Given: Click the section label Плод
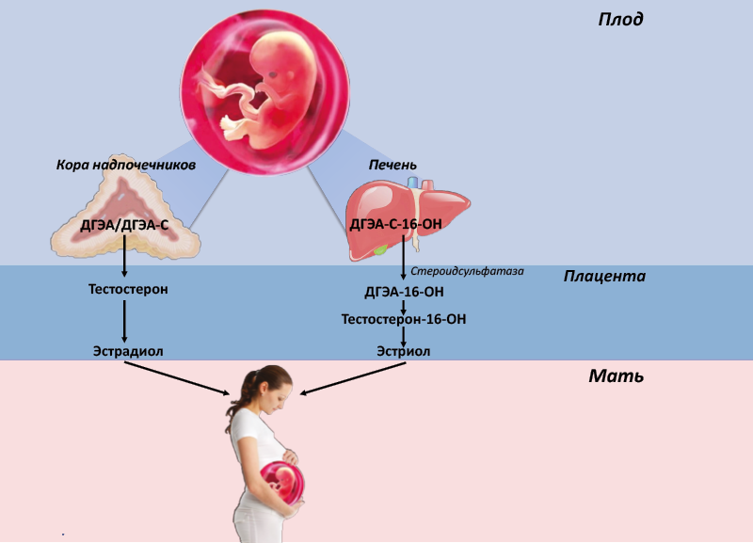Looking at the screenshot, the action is pyautogui.click(x=620, y=19).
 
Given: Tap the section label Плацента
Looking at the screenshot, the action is pyautogui.click(x=604, y=276).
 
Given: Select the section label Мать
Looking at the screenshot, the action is pyautogui.click(x=617, y=375).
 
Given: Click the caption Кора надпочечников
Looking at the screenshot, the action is pyautogui.click(x=126, y=165).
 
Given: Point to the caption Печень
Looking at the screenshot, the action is pyautogui.click(x=393, y=165).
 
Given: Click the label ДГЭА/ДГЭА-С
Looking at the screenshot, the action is pyautogui.click(x=124, y=225).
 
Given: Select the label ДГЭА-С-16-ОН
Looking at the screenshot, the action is pyautogui.click(x=395, y=224).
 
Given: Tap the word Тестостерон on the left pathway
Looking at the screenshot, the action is pyautogui.click(x=128, y=289).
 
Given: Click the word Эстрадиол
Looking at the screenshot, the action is pyautogui.click(x=128, y=351).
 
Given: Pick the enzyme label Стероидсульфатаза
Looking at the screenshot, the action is pyautogui.click(x=467, y=271).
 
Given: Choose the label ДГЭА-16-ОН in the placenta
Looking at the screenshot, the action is pyautogui.click(x=405, y=292).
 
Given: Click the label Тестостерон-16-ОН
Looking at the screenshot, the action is pyautogui.click(x=404, y=319).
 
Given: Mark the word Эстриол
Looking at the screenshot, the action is pyautogui.click(x=404, y=351).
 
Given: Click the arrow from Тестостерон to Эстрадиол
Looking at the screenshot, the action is pyautogui.click(x=124, y=321).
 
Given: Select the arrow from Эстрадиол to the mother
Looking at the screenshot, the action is pyautogui.click(x=177, y=378).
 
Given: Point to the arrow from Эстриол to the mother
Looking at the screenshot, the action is pyautogui.click(x=353, y=378).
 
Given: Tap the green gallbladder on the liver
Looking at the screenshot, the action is pyautogui.click(x=381, y=249).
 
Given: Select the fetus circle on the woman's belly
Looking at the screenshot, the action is pyautogui.click(x=282, y=482).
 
